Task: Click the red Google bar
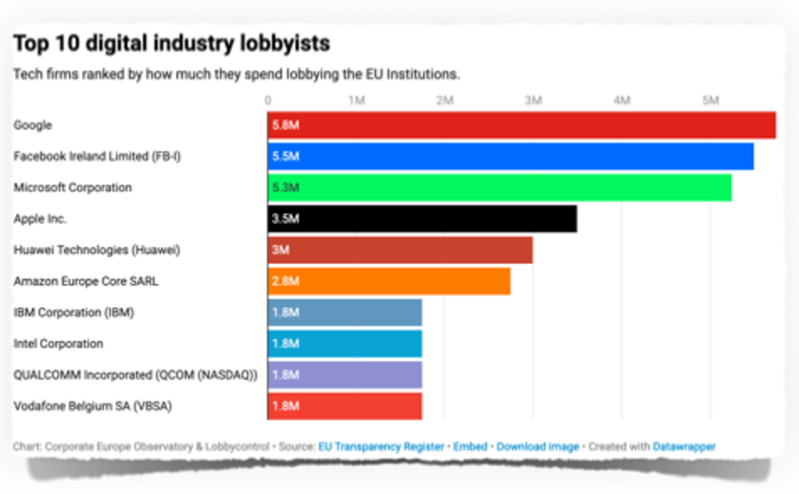[x=522, y=126]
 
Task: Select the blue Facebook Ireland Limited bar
[x=510, y=156]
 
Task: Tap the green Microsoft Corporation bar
[x=499, y=188]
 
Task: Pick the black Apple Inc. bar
[x=422, y=219]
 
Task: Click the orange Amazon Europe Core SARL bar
[x=388, y=281]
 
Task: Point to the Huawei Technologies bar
[x=399, y=250]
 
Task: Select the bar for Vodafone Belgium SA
[x=344, y=406]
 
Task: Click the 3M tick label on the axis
[x=534, y=101]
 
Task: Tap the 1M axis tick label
[x=357, y=101]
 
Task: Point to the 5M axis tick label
[x=710, y=101]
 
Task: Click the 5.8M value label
[x=285, y=126]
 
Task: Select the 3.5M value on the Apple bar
[x=285, y=219]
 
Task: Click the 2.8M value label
[x=285, y=281]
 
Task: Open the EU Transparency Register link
[x=381, y=447]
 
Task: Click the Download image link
[x=537, y=447]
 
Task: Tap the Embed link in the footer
[x=470, y=447]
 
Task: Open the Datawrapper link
[x=684, y=447]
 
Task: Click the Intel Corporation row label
[x=58, y=344]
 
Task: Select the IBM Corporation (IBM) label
[x=73, y=313]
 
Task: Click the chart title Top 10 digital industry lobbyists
[x=172, y=43]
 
